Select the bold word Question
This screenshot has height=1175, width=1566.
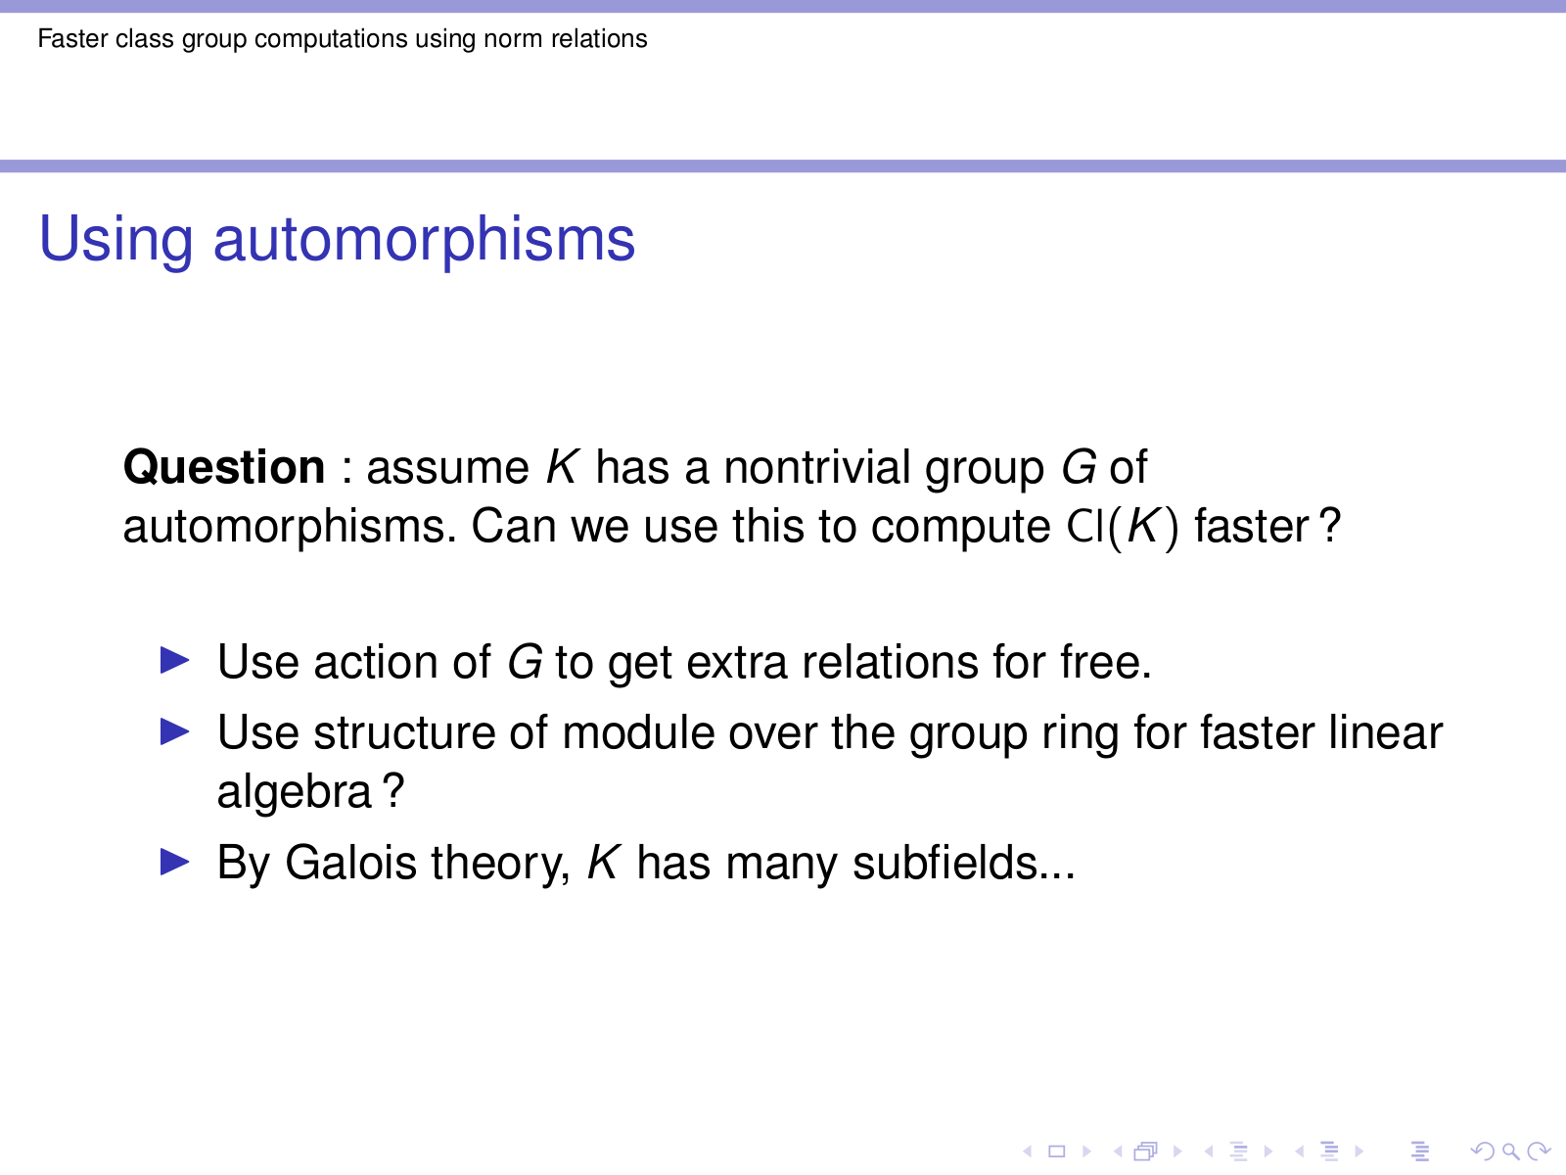tap(224, 469)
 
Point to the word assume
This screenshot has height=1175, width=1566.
tap(447, 469)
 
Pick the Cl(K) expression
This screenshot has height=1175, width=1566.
tap(1123, 527)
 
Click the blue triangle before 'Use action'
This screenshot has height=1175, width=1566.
tap(175, 660)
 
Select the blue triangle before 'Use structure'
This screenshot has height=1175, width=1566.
tap(175, 731)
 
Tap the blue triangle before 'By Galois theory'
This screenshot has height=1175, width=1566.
tap(175, 861)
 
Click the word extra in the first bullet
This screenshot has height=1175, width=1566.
tap(736, 663)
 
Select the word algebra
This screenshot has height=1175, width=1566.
tap(294, 792)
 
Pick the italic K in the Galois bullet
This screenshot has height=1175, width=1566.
tap(604, 863)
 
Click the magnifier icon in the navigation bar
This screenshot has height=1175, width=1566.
tap(1510, 1151)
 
